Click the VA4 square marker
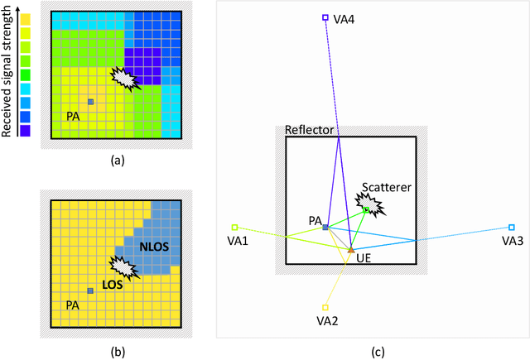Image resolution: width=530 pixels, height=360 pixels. pos(325,17)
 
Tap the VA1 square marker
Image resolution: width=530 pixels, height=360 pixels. pos(234,227)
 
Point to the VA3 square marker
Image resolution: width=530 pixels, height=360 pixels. pos(511,227)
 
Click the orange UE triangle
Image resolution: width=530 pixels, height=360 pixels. pos(350,248)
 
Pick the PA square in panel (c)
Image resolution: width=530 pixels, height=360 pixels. pos(325,227)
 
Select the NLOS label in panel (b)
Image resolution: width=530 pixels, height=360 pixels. pos(155,246)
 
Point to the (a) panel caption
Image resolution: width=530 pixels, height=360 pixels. pos(118,161)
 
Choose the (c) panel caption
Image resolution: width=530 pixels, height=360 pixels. pos(377,352)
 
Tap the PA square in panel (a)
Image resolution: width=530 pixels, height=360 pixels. pos(90,102)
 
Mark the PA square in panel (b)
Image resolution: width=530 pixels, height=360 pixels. pos(90,290)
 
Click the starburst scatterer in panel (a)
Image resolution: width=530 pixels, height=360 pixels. pos(126,79)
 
